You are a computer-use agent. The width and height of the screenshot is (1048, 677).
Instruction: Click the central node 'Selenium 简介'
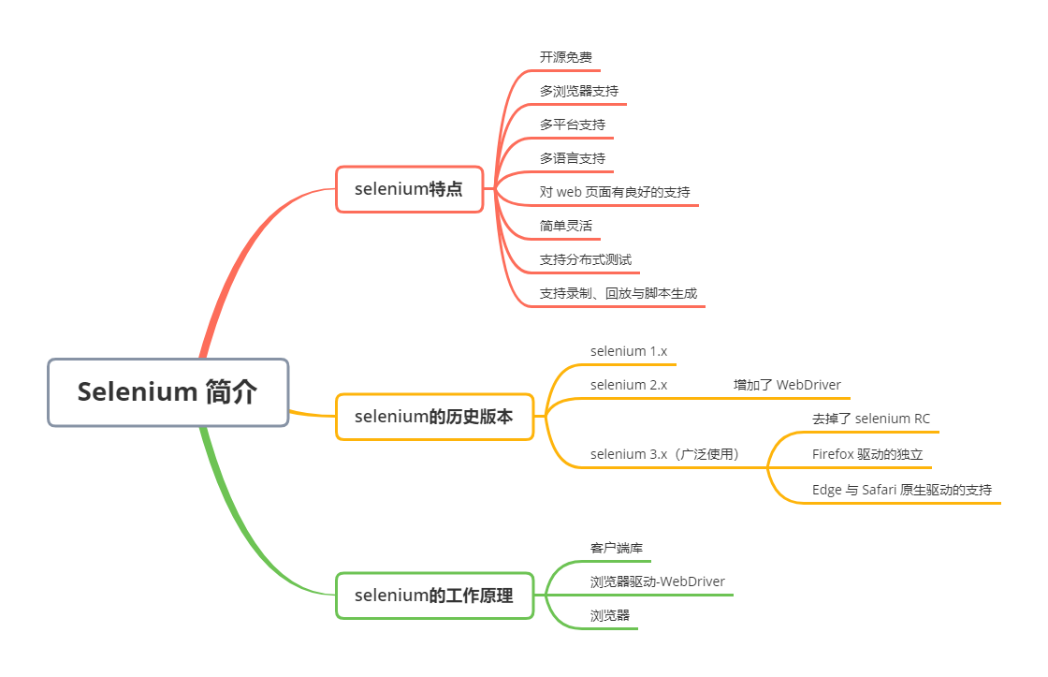(x=167, y=392)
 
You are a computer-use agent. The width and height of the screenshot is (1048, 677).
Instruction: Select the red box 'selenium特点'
(x=409, y=189)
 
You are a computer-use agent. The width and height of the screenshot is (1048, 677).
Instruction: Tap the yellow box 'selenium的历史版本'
(x=434, y=418)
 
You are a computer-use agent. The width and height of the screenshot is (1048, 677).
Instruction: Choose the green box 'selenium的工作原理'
(x=434, y=596)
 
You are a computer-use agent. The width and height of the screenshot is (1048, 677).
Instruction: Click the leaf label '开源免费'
(x=565, y=58)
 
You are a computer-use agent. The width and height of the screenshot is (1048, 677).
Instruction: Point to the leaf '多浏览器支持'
(x=578, y=92)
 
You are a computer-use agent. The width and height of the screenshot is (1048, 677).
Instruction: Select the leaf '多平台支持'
(x=572, y=125)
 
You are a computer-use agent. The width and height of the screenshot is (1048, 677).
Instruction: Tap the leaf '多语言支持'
(x=572, y=158)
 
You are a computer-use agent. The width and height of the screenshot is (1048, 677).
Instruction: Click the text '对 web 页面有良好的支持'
(x=615, y=192)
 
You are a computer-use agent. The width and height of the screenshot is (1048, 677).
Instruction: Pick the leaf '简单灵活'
(x=565, y=226)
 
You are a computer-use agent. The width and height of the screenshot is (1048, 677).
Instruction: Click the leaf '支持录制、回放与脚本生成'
(x=618, y=293)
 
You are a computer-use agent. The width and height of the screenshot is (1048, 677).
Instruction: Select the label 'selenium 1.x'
(x=628, y=351)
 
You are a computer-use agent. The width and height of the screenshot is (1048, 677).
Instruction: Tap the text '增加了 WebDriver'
(x=787, y=385)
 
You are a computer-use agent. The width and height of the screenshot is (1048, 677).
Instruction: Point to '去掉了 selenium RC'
(x=871, y=419)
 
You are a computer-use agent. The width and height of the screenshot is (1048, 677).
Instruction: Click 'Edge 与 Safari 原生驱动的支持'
(x=902, y=490)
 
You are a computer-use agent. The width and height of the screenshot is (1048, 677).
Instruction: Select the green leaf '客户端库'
(x=616, y=548)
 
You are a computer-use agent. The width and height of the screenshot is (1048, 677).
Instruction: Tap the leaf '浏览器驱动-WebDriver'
(x=657, y=581)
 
